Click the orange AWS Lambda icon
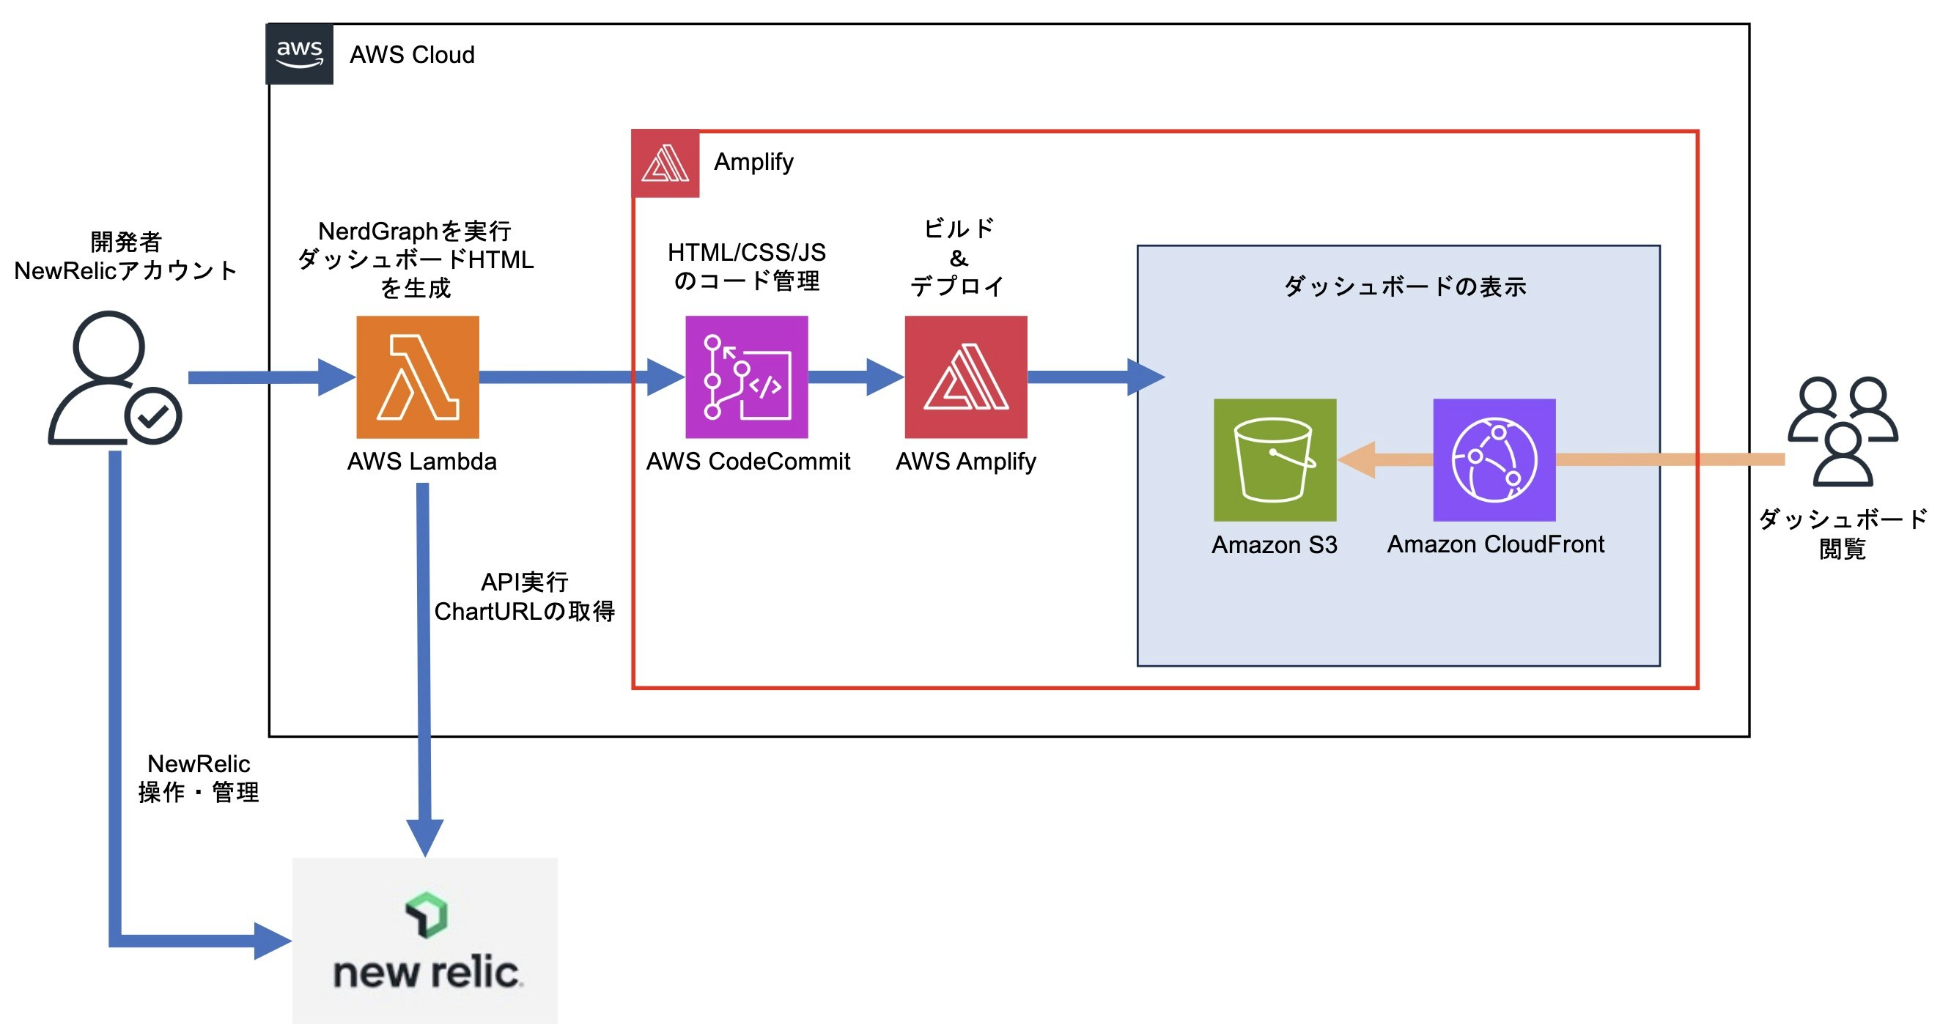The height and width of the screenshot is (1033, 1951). point(417,377)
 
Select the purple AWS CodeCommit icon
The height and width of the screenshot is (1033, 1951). point(746,377)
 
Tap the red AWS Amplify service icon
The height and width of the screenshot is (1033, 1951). point(966,377)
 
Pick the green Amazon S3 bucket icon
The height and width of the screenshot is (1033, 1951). point(1275,459)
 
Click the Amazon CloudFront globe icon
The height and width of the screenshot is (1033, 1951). point(1494,459)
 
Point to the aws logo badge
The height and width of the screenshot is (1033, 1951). point(300,53)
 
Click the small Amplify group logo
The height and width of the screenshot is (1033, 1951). point(665,163)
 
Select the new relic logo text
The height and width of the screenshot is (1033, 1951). point(427,972)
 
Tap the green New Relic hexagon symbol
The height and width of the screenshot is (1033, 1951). point(427,915)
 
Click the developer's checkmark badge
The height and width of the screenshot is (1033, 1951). point(153,416)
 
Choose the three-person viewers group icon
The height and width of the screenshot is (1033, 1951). point(1843,431)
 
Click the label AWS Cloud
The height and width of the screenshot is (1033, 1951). point(412,54)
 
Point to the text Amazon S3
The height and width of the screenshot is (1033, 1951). point(1275,544)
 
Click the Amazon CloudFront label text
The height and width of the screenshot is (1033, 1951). point(1496,544)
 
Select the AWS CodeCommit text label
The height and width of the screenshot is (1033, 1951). point(748,462)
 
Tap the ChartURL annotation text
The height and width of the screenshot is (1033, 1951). point(524,611)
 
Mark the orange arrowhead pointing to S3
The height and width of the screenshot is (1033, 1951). point(1357,459)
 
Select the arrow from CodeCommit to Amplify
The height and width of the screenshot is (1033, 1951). point(856,377)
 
